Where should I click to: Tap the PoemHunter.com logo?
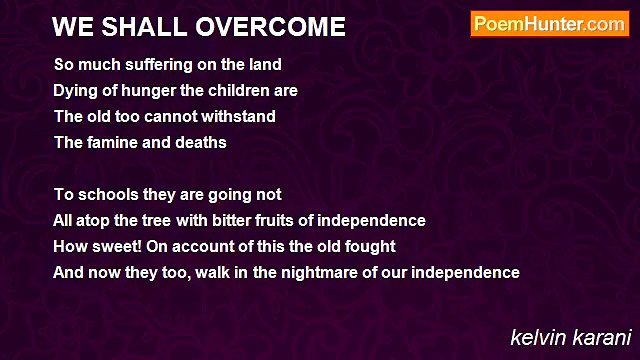pyautogui.click(x=549, y=24)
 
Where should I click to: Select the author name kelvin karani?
pyautogui.click(x=571, y=337)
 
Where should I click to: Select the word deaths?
pyautogui.click(x=203, y=142)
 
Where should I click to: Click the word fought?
pyautogui.click(x=370, y=246)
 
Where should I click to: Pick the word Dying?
pyautogui.click(x=74, y=90)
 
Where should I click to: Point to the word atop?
pyautogui.click(x=93, y=220)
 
